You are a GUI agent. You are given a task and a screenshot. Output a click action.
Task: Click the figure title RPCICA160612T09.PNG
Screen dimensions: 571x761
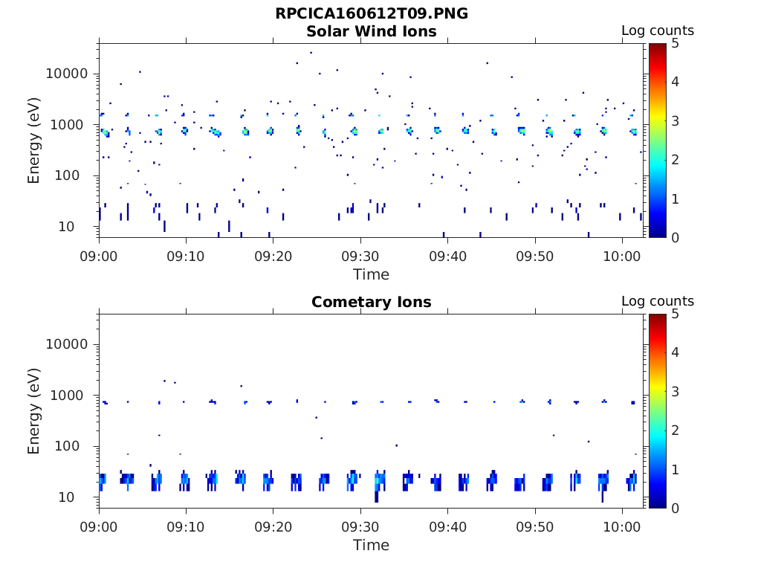[372, 13]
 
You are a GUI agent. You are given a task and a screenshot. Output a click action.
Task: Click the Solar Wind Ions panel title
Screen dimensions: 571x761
[372, 31]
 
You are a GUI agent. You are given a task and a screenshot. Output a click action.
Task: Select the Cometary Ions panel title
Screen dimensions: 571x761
[372, 302]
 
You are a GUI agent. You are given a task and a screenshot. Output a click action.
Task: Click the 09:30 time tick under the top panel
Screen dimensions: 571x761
[360, 257]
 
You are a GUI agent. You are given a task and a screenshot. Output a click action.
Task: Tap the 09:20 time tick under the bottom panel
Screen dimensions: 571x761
[273, 527]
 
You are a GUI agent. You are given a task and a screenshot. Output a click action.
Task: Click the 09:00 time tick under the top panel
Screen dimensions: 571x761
[99, 257]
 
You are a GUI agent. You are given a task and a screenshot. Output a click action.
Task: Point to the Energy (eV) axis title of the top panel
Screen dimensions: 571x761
[34, 141]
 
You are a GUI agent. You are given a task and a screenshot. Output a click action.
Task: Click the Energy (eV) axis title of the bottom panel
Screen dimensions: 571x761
[34, 412]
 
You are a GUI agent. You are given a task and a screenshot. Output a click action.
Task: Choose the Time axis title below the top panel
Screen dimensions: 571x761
[372, 274]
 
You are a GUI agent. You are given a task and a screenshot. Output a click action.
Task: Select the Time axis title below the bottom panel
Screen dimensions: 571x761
[372, 545]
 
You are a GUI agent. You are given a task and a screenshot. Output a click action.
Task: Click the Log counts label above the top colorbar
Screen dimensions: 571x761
[658, 31]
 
